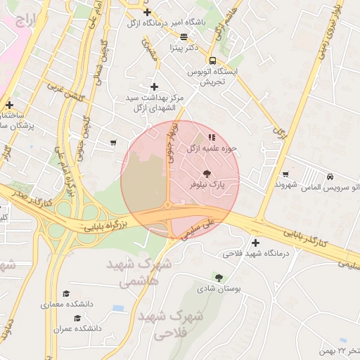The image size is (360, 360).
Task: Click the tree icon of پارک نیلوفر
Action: click(x=207, y=172)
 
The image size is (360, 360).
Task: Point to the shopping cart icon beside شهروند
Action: click(x=285, y=174)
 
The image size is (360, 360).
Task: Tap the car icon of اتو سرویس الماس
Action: click(x=330, y=176)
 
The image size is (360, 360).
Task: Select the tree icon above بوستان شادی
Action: click(x=219, y=277)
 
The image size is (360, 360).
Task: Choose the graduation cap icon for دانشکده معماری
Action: click(x=66, y=294)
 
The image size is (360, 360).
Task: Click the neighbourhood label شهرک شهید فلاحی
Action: click(x=172, y=324)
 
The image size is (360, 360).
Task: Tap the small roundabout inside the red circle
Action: click(x=167, y=206)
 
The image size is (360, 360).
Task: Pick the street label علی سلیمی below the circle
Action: click(x=198, y=230)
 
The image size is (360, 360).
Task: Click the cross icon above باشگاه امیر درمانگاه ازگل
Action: click(x=147, y=12)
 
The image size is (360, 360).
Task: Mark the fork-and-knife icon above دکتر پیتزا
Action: click(x=184, y=37)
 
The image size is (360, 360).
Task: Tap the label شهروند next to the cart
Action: click(x=287, y=186)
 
